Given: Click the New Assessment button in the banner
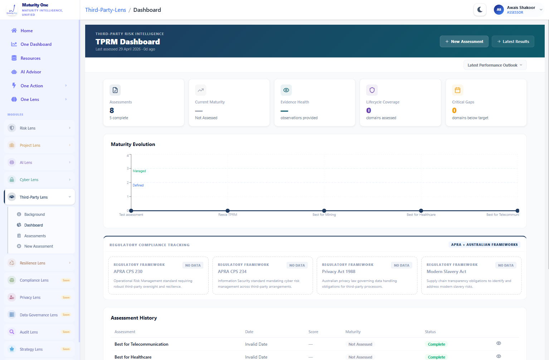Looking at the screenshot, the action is [464, 42].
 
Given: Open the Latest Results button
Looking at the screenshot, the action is [513, 42].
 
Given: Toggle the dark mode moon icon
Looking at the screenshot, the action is [480, 10].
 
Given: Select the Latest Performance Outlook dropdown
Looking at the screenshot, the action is [495, 65].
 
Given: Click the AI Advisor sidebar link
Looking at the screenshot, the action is [31, 72].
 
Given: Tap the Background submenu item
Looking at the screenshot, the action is [34, 214].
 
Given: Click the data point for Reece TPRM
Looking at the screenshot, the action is [228, 210].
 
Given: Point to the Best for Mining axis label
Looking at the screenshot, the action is [324, 215].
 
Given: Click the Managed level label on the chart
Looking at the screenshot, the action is [139, 171].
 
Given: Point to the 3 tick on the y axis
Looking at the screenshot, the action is [128, 168].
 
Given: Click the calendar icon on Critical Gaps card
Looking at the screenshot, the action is [457, 90].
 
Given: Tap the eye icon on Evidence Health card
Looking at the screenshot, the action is [286, 90].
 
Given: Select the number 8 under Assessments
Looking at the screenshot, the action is [112, 111].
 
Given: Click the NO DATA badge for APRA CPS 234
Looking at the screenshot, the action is [297, 265].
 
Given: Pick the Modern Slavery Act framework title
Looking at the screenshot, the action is [446, 272].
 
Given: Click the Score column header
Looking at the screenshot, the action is [313, 332].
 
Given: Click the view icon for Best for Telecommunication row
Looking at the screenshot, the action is [499, 343].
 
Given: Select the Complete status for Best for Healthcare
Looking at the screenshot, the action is [436, 357].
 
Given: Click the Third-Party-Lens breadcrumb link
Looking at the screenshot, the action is [105, 10].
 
